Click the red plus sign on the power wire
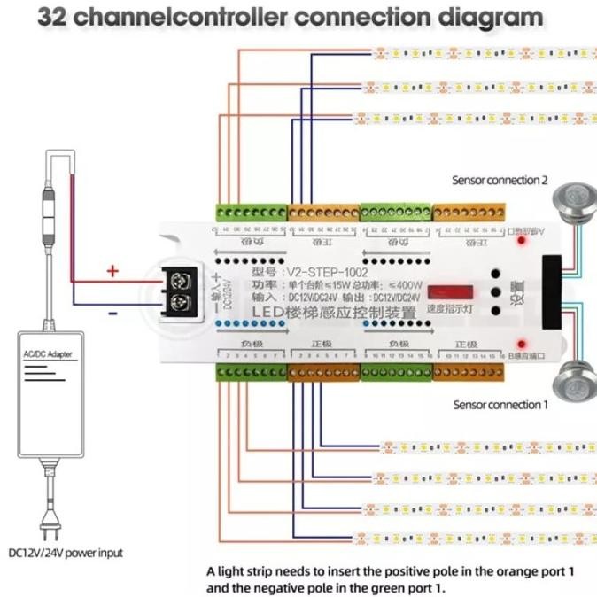(112, 271)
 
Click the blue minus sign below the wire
(112, 313)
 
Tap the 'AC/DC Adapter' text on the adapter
(50, 354)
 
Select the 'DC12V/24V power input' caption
(66, 553)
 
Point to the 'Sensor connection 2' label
(500, 180)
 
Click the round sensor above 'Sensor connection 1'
(565, 382)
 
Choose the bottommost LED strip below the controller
(478, 538)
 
